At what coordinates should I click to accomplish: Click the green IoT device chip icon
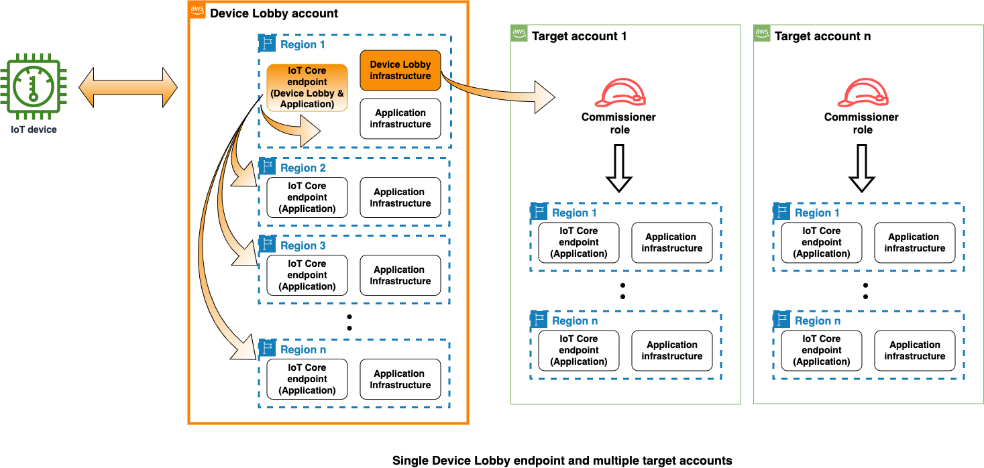[33, 86]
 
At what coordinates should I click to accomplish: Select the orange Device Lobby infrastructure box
[400, 70]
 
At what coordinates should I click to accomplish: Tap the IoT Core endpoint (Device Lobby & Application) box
[307, 87]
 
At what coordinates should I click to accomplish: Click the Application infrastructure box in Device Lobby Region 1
[400, 119]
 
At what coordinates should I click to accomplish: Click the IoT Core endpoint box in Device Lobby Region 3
[307, 275]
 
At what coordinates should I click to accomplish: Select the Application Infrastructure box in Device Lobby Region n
[400, 379]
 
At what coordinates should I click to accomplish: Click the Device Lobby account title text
[274, 13]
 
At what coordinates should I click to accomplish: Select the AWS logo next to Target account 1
[519, 34]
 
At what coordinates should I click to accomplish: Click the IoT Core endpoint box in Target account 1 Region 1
[579, 242]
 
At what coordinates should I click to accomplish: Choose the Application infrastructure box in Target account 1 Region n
[672, 351]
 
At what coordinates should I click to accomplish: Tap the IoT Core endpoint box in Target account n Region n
[822, 351]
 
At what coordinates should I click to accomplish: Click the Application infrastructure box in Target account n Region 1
[915, 242]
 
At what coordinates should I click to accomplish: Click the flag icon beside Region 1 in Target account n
[781, 212]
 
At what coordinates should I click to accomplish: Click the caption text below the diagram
[561, 461]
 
